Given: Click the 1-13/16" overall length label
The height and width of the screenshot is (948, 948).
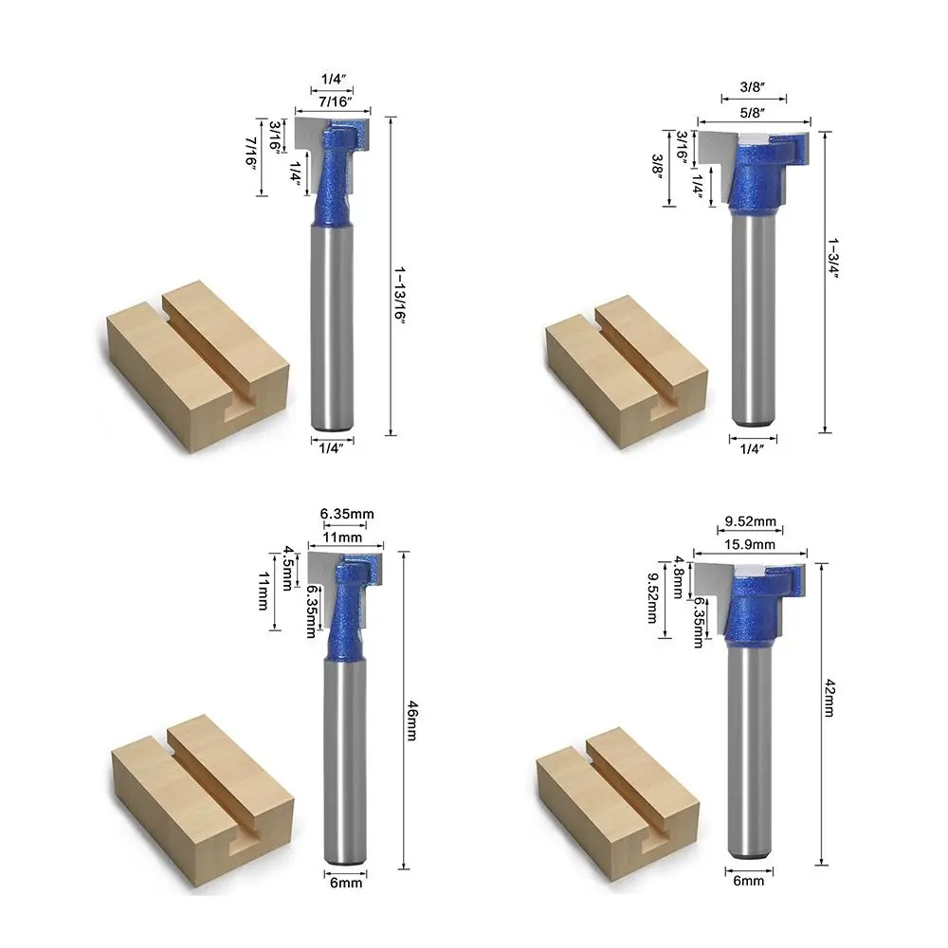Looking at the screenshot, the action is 399,295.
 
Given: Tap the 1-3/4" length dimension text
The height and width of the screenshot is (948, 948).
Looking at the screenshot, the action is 833,258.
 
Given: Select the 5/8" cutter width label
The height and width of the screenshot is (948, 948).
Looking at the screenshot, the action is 753,113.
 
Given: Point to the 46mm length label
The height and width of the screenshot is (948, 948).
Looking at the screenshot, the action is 411,720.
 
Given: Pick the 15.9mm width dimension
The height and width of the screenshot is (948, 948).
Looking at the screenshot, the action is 750,544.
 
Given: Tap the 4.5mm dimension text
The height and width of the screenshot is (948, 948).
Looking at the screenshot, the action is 288,568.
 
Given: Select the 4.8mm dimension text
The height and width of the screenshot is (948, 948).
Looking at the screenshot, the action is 680,577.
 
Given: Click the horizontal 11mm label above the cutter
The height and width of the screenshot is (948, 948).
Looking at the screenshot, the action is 342,538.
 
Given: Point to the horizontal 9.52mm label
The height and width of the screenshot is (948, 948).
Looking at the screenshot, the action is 750,521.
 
